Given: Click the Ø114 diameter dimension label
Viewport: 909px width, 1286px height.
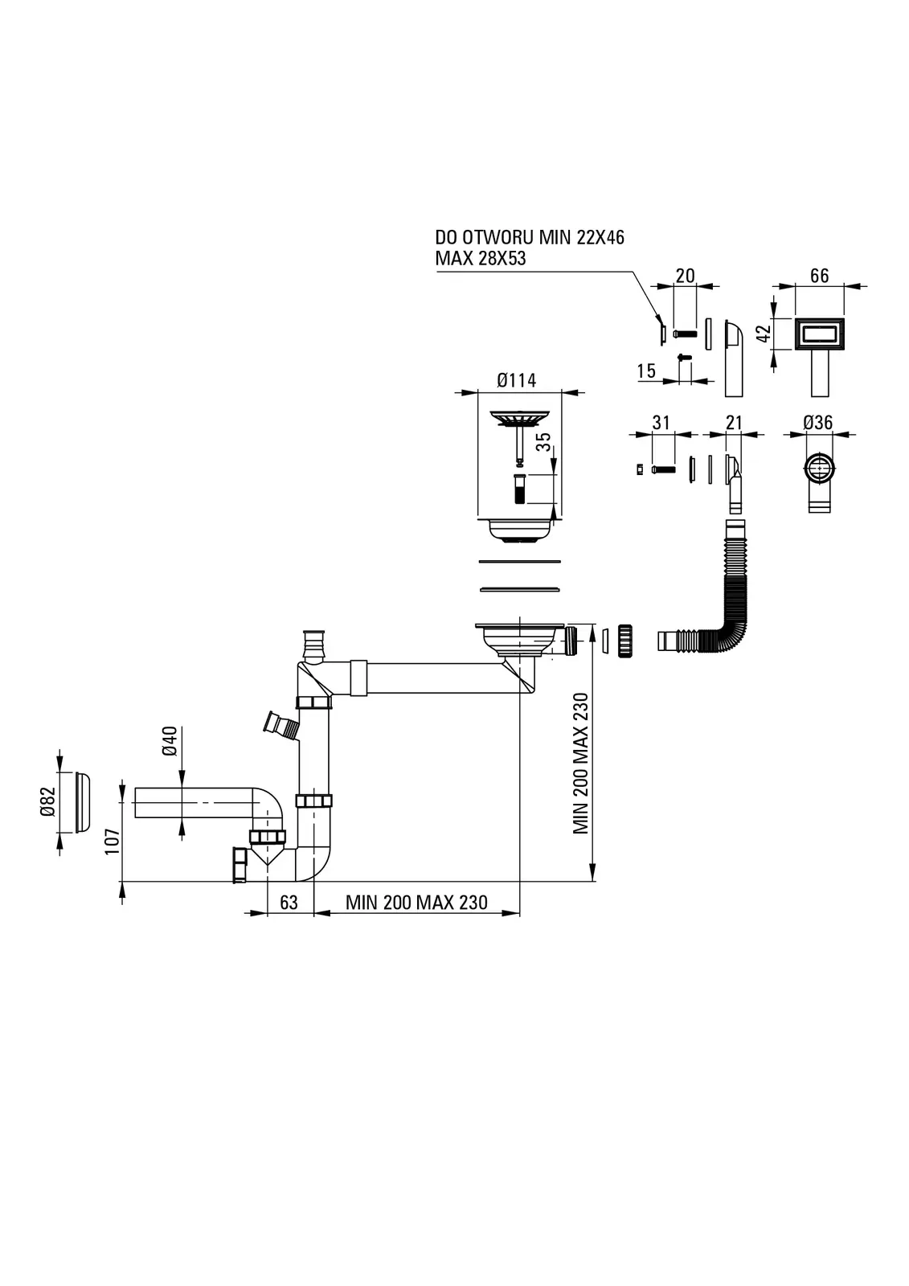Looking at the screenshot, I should click(516, 380).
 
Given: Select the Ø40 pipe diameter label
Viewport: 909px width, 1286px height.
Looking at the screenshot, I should click(170, 741).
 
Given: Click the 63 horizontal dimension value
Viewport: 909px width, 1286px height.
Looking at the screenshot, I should click(289, 903).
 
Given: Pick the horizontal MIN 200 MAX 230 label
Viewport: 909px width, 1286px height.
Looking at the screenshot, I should click(416, 903).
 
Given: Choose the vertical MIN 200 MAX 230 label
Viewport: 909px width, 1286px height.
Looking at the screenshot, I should click(581, 764).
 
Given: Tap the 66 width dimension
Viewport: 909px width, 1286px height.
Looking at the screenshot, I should click(819, 276).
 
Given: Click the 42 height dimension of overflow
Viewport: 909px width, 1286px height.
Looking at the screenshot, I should click(765, 331).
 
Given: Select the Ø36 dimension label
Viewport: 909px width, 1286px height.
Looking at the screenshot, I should click(817, 423).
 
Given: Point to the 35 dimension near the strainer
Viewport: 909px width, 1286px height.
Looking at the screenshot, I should click(543, 442).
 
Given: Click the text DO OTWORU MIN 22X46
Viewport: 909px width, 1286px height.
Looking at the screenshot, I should click(530, 237).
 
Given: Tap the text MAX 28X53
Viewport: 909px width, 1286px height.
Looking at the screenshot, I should click(481, 259).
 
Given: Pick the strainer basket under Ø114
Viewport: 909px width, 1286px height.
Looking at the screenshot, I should click(518, 530).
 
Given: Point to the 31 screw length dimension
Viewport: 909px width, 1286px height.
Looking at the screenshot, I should click(661, 423).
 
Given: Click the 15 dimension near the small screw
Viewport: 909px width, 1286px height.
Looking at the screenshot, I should click(646, 371).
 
